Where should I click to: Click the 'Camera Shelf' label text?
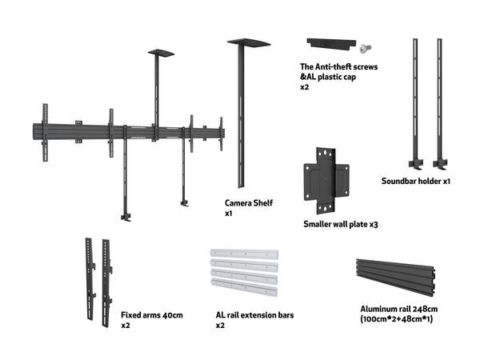pos(249,203)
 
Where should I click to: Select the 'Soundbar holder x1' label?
pos(416,182)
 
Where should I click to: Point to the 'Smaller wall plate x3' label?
pos(340,225)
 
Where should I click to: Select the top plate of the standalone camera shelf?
pos(249,42)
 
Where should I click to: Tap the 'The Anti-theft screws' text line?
pos(338,66)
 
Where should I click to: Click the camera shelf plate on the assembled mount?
pos(160,53)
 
